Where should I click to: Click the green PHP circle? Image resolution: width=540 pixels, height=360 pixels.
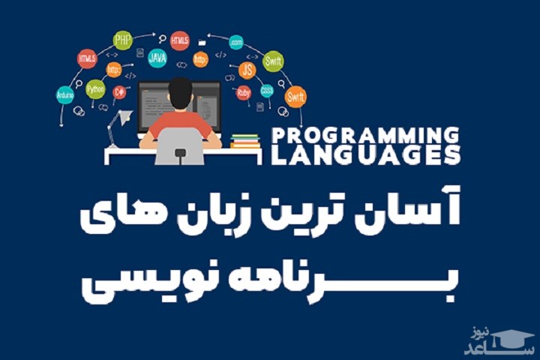pyautogui.click(x=122, y=40)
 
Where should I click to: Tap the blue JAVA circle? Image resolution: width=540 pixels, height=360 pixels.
pyautogui.click(x=157, y=57)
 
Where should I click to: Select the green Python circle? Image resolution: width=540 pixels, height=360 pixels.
pyautogui.click(x=95, y=89)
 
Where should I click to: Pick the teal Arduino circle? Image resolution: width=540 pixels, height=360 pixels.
pyautogui.click(x=65, y=95)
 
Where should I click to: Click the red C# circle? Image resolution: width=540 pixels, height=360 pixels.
pyautogui.click(x=118, y=91)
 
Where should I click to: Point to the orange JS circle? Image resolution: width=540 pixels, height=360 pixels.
pyautogui.click(x=247, y=70)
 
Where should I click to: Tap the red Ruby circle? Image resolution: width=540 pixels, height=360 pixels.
pyautogui.click(x=243, y=93)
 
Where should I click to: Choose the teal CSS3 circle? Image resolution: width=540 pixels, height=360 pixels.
pyautogui.click(x=267, y=91)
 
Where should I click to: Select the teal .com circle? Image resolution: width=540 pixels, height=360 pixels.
pyautogui.click(x=236, y=42)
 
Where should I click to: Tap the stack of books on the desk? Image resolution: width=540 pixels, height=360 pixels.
pyautogui.click(x=245, y=141)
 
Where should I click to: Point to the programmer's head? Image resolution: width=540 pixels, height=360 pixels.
pyautogui.click(x=180, y=92)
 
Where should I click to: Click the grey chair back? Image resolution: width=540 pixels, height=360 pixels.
pyautogui.click(x=180, y=145)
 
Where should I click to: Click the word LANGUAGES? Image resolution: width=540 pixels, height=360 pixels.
pyautogui.click(x=363, y=156)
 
